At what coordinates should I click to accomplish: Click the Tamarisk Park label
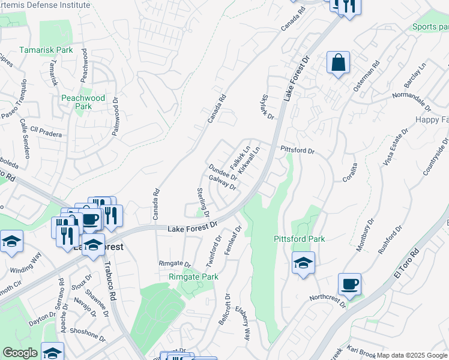[x=46, y=50]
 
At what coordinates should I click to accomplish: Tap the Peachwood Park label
[x=83, y=102]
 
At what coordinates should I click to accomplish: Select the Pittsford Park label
[x=299, y=239]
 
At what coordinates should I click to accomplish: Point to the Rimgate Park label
[x=193, y=277]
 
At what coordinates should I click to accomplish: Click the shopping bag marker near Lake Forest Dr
[x=338, y=62]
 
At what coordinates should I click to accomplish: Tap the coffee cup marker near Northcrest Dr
[x=349, y=284]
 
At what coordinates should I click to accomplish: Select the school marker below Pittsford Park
[x=303, y=263]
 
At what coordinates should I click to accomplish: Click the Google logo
[x=20, y=353]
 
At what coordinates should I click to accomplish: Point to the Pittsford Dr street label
[x=297, y=150]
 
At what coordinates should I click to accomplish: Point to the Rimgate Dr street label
[x=174, y=264]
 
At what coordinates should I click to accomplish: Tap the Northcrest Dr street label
[x=328, y=299]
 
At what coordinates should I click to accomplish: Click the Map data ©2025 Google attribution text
[x=412, y=355]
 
